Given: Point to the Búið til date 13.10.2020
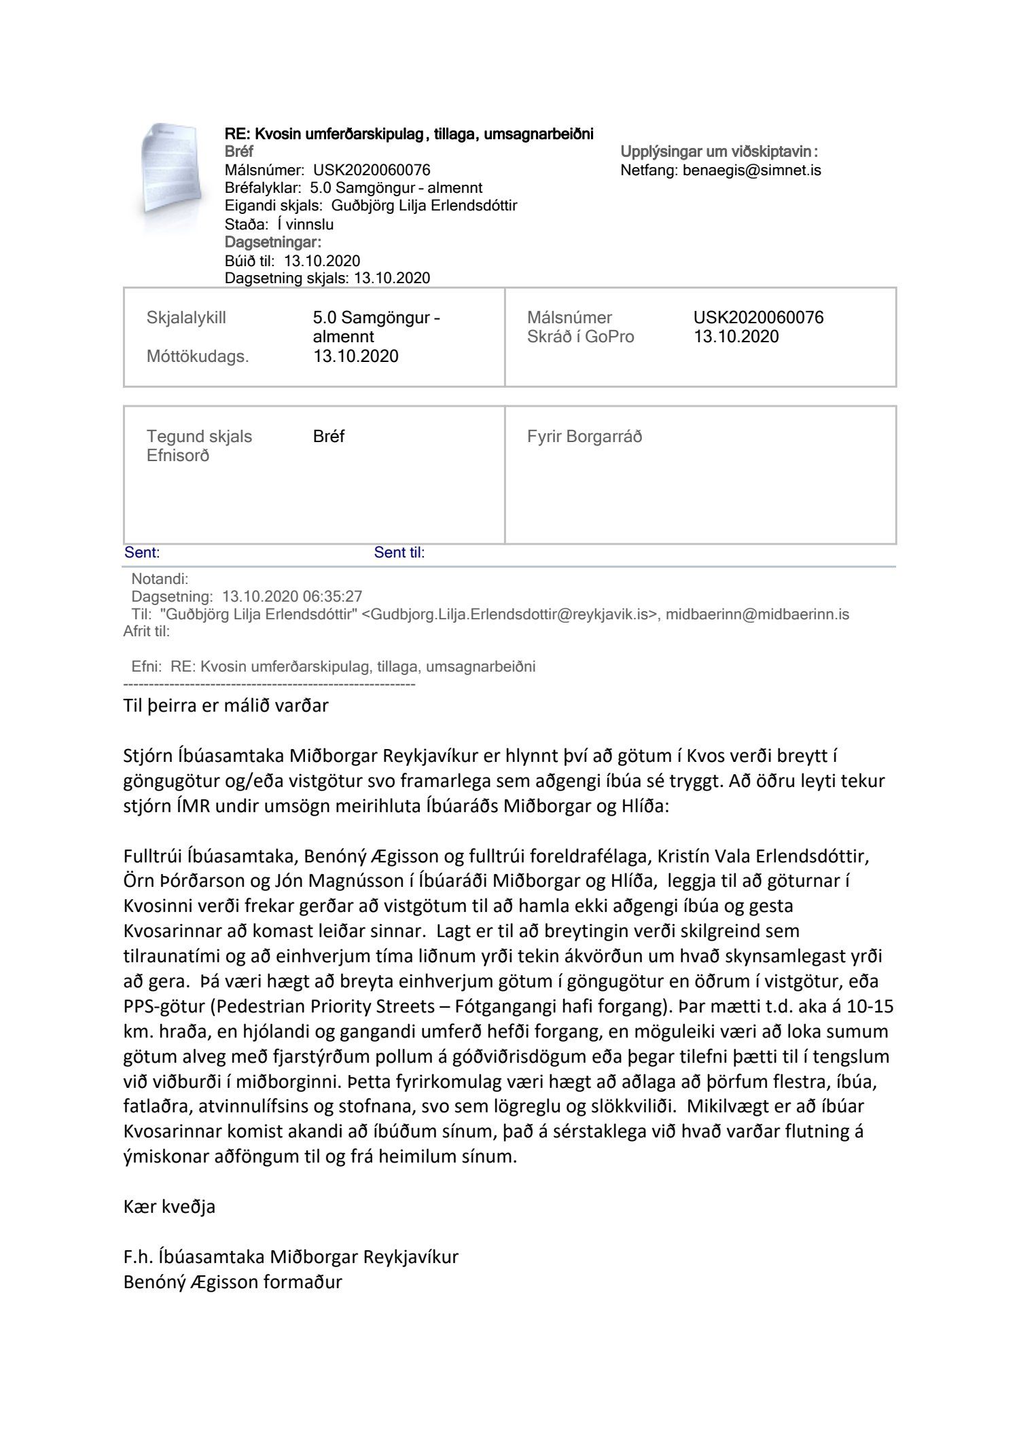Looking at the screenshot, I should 322,261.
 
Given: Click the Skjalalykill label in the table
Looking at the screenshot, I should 186,318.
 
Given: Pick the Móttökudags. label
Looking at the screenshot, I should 198,357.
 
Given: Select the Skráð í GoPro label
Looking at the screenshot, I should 580,337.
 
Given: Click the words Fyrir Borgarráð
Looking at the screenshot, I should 584,437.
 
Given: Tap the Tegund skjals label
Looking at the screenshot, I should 199,437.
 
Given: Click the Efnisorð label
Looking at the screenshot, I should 178,456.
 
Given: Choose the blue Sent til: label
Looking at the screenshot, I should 399,553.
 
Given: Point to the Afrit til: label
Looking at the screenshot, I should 147,632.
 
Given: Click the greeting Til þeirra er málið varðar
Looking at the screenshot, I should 226,706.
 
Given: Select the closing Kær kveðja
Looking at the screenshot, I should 169,1207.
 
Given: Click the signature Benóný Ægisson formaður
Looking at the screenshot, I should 233,1282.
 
